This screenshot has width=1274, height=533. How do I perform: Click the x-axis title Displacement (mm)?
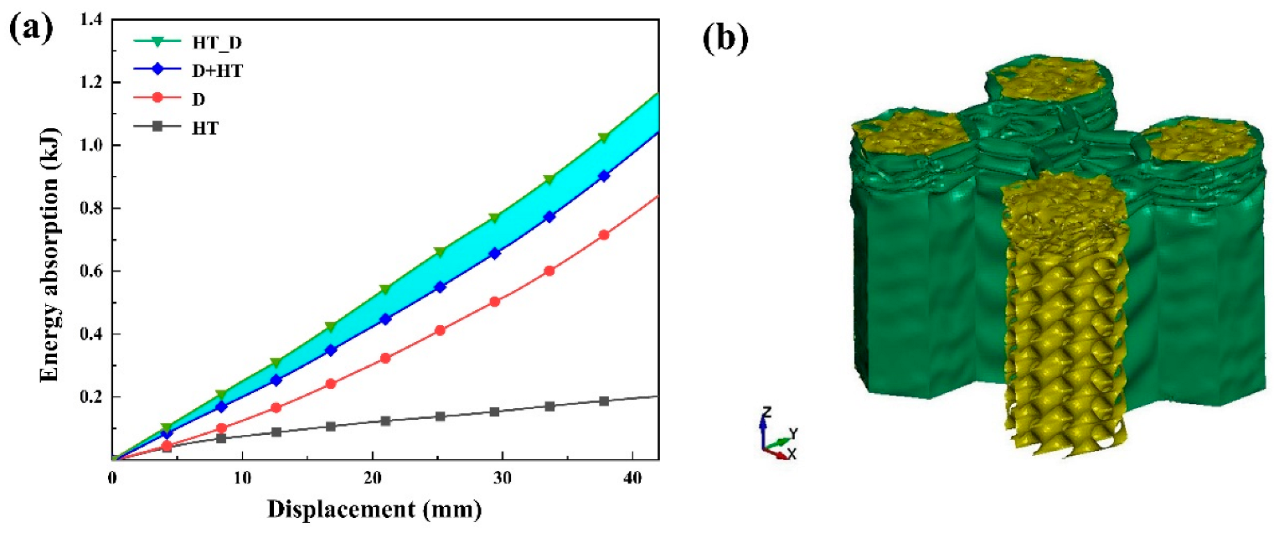pos(386,510)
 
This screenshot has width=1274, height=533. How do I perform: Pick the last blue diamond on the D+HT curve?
pos(604,176)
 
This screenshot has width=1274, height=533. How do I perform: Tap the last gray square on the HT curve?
pos(604,401)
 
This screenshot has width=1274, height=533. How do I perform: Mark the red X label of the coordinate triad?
pos(791,454)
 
